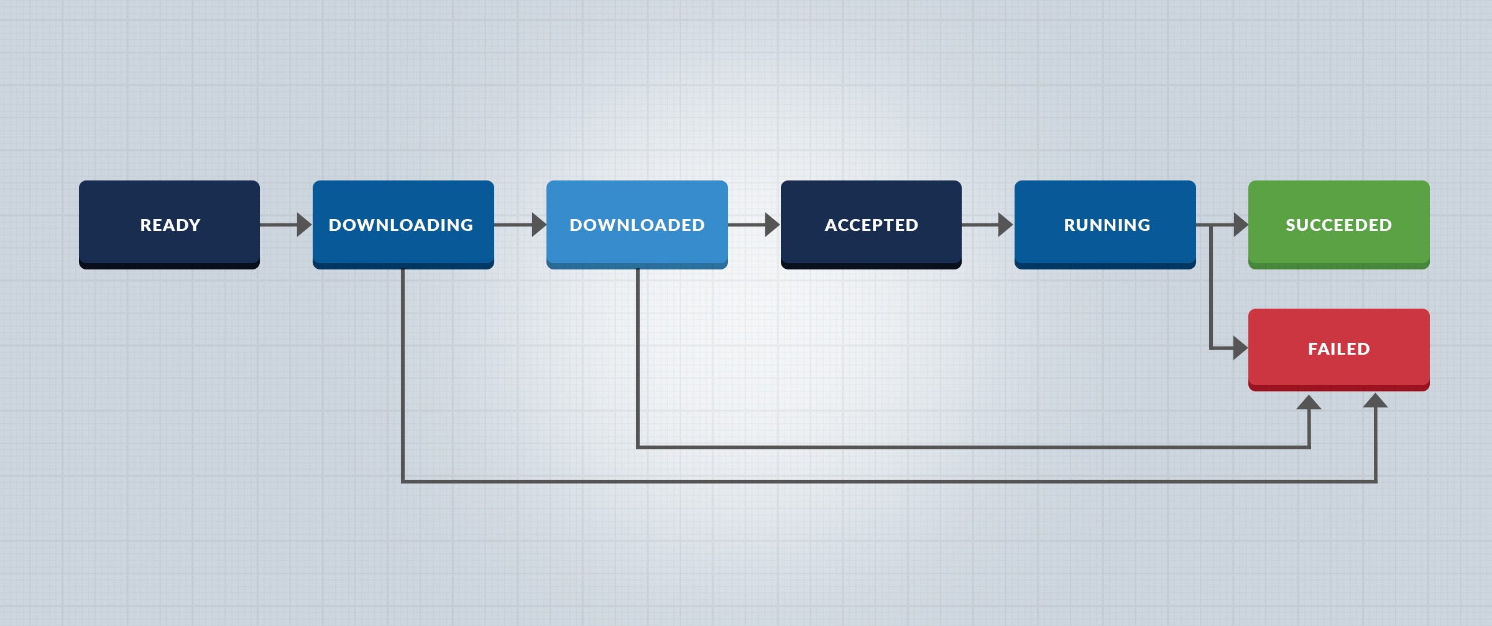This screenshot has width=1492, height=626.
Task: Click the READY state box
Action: pyautogui.click(x=169, y=224)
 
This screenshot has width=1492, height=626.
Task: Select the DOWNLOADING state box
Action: pyautogui.click(x=403, y=224)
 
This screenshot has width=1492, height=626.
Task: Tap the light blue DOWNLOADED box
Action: pyautogui.click(x=637, y=224)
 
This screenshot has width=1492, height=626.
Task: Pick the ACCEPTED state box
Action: pyautogui.click(x=871, y=224)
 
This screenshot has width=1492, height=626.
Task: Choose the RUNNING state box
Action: pyautogui.click(x=1105, y=224)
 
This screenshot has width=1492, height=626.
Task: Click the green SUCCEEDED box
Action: pyautogui.click(x=1338, y=224)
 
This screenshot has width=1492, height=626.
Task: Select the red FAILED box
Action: pyautogui.click(x=1338, y=348)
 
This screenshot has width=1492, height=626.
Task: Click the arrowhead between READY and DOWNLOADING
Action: pyautogui.click(x=303, y=225)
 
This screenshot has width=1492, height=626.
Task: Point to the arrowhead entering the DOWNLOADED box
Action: pyautogui.click(x=538, y=225)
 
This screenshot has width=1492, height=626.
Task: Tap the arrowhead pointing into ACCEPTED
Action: pyautogui.click(x=771, y=225)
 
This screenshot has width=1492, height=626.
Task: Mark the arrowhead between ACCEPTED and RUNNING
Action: pyautogui.click(x=1005, y=225)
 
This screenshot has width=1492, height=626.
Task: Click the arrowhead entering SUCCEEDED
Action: pyautogui.click(x=1240, y=225)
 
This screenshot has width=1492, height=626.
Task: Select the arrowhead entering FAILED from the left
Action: pyautogui.click(x=1240, y=348)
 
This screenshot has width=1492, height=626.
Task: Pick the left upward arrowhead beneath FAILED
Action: pyautogui.click(x=1309, y=403)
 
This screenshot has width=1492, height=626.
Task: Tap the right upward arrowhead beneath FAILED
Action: pyautogui.click(x=1375, y=401)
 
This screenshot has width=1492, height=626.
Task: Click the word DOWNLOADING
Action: pyautogui.click(x=400, y=225)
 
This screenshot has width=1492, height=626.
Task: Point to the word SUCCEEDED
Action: pyautogui.click(x=1338, y=225)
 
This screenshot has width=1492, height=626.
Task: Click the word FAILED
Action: pyautogui.click(x=1338, y=348)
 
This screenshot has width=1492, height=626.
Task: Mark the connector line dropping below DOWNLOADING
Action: pyautogui.click(x=403, y=373)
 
